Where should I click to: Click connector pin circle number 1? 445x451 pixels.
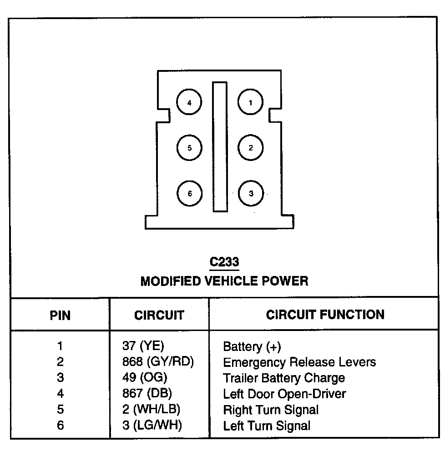(250, 103)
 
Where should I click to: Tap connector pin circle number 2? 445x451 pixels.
(250, 148)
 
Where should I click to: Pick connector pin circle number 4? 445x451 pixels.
(189, 103)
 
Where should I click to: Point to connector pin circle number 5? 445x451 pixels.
(189, 148)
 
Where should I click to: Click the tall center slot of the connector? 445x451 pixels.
(220, 147)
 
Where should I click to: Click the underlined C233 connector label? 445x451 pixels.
(224, 262)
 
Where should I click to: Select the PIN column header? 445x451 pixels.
(60, 315)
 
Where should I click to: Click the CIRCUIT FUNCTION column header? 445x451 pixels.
(325, 314)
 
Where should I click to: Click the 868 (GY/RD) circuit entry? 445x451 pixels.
(158, 362)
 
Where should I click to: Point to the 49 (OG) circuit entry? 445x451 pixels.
(145, 377)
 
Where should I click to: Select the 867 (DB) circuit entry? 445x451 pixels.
(147, 393)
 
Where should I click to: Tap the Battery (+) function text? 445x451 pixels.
(252, 347)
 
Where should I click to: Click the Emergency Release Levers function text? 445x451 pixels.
(299, 362)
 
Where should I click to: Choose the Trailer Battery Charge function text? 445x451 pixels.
(283, 378)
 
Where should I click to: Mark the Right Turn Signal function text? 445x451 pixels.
(271, 410)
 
